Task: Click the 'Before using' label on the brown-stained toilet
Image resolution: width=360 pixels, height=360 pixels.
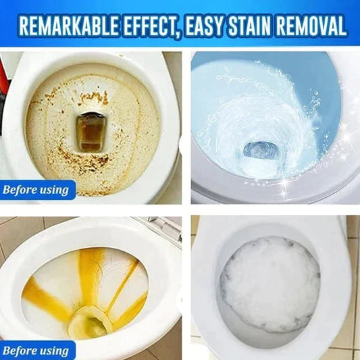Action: pos(36,189)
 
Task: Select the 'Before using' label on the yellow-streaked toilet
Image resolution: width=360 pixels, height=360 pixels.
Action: pos(36,351)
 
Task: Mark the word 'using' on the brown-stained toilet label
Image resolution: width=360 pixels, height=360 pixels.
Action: pos(53,189)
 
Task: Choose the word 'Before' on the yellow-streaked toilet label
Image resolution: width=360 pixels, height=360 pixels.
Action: pos(20,351)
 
